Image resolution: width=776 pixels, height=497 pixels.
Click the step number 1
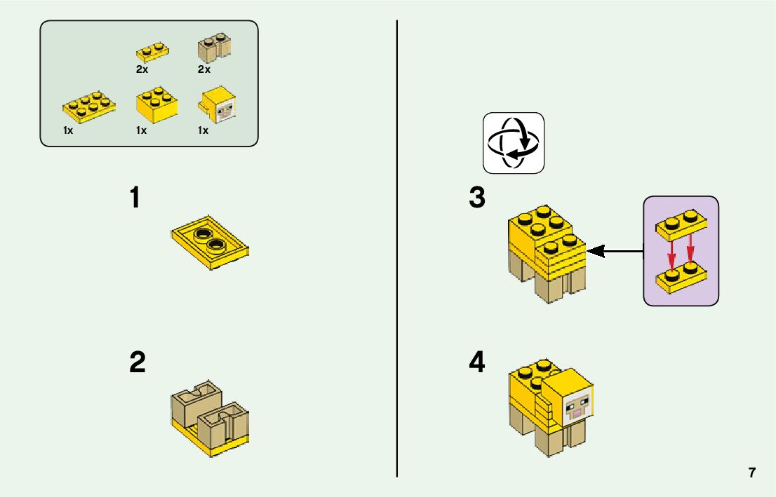click(135, 198)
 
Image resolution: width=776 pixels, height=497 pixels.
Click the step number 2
click(138, 362)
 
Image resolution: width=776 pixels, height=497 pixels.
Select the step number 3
click(477, 198)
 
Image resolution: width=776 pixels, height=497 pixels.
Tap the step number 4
click(477, 362)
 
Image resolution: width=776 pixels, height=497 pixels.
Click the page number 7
click(752, 472)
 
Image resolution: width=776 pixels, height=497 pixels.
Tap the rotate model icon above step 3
click(514, 143)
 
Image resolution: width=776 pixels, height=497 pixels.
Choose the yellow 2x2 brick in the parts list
click(155, 105)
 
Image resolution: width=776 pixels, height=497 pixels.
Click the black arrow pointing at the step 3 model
click(615, 250)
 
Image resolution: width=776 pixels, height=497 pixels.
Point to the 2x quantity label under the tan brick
click(204, 69)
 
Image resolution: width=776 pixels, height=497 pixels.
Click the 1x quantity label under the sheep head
click(203, 130)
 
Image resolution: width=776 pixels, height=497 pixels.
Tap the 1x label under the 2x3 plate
click(68, 130)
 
